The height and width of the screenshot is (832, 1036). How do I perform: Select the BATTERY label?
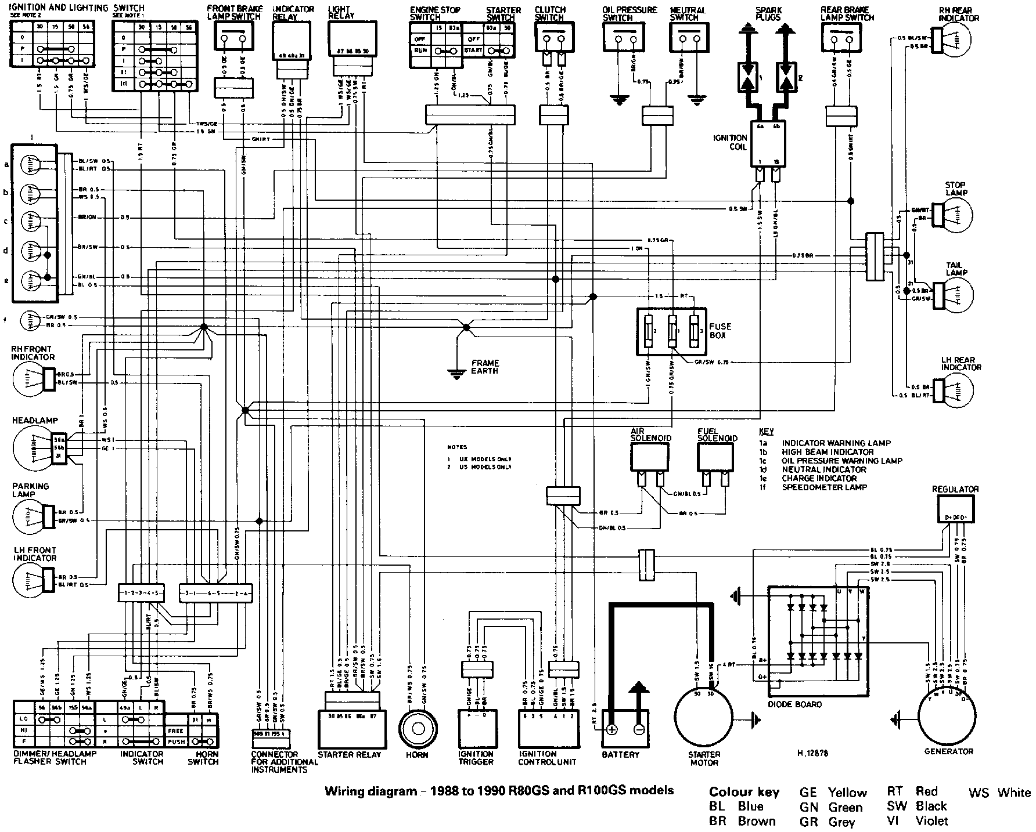tap(621, 755)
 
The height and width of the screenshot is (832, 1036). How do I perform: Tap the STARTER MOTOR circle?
tap(704, 719)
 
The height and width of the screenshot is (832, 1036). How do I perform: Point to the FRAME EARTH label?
tap(484, 367)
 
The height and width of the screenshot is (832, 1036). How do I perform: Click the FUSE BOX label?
tap(720, 331)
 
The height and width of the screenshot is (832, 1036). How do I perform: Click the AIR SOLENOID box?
tap(650, 458)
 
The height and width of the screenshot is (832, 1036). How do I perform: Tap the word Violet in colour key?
tap(931, 821)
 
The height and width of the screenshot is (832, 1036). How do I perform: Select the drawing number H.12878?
tap(812, 754)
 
